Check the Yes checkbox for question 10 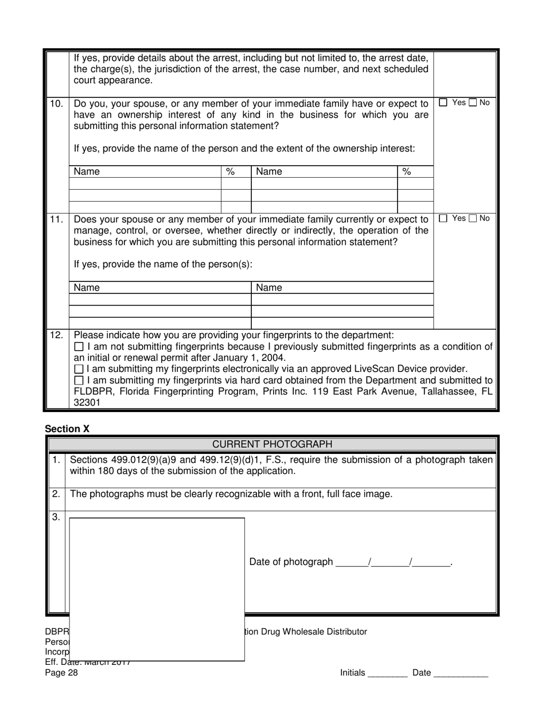(x=443, y=103)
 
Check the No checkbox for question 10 (x=473, y=103)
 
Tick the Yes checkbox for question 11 (x=443, y=218)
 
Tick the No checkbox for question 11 (x=473, y=218)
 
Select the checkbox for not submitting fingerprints (x=79, y=347)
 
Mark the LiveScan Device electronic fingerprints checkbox (x=79, y=369)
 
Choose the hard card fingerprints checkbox (x=79, y=381)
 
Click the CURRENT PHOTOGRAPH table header (x=272, y=444)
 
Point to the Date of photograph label (x=291, y=562)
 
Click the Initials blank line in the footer (x=387, y=673)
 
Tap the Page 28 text (x=61, y=673)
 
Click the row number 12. (x=56, y=335)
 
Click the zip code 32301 (x=87, y=402)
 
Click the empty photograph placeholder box (x=157, y=589)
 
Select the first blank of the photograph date (x=351, y=562)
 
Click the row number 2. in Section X (x=56, y=494)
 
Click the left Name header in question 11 (x=87, y=288)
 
